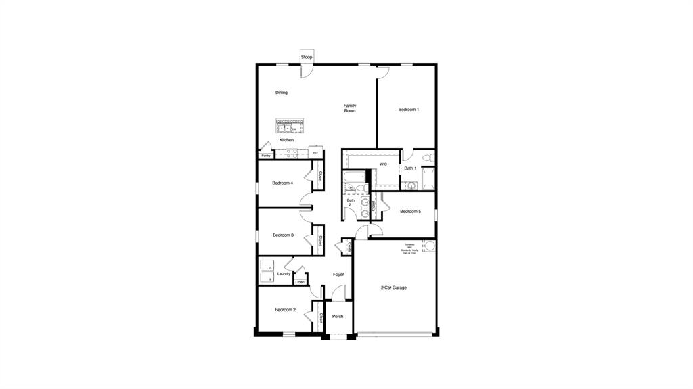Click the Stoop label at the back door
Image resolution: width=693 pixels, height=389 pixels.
(307, 57)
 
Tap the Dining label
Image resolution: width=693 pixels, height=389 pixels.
(282, 93)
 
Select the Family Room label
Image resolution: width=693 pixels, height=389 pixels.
(350, 108)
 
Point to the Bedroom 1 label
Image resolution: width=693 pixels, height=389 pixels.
(408, 110)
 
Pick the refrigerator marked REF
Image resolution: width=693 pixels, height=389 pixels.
(315, 154)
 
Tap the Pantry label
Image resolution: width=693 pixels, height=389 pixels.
(266, 156)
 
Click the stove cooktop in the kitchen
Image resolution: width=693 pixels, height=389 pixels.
(292, 154)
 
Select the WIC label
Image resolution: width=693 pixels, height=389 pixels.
(383, 164)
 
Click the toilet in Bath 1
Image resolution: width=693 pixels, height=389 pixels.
(426, 158)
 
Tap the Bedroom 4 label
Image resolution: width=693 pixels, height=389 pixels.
(282, 183)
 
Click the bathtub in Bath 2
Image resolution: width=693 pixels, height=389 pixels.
(354, 178)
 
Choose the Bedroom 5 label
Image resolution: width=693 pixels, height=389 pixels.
(410, 212)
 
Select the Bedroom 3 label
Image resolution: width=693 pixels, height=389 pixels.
(283, 235)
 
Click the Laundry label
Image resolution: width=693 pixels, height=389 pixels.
(284, 274)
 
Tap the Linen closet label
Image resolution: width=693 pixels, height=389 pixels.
(300, 281)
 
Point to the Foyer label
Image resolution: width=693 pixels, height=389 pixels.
(338, 275)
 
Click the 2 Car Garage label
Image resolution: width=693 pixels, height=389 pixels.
(393, 288)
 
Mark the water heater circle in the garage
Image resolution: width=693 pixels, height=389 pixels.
(428, 246)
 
